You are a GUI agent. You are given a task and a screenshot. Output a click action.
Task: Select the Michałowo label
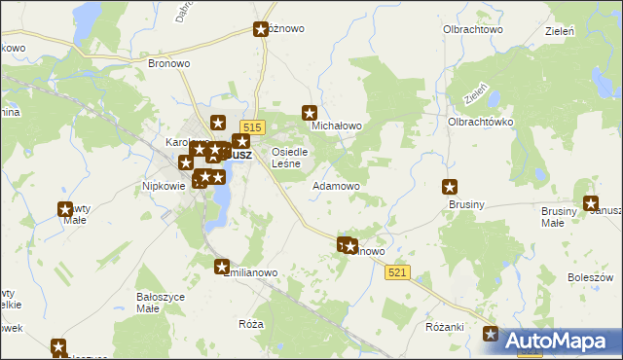pyautogui.click(x=336, y=126)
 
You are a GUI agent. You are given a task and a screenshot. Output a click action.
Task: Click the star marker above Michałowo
pyautogui.click(x=310, y=113)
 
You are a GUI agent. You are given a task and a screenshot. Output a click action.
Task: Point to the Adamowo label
pyautogui.click(x=336, y=185)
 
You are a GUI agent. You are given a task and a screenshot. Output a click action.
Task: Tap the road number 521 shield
pyautogui.click(x=398, y=271)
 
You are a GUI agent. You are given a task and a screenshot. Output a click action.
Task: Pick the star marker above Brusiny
pyautogui.click(x=450, y=187)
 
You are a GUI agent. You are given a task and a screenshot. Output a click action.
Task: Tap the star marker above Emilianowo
pyautogui.click(x=222, y=267)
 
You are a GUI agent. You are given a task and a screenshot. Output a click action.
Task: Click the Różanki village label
pyautogui.click(x=444, y=326)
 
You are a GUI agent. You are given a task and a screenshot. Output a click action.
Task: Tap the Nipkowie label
pyautogui.click(x=164, y=186)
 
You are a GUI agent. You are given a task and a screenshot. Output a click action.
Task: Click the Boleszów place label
pyautogui.click(x=588, y=277)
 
